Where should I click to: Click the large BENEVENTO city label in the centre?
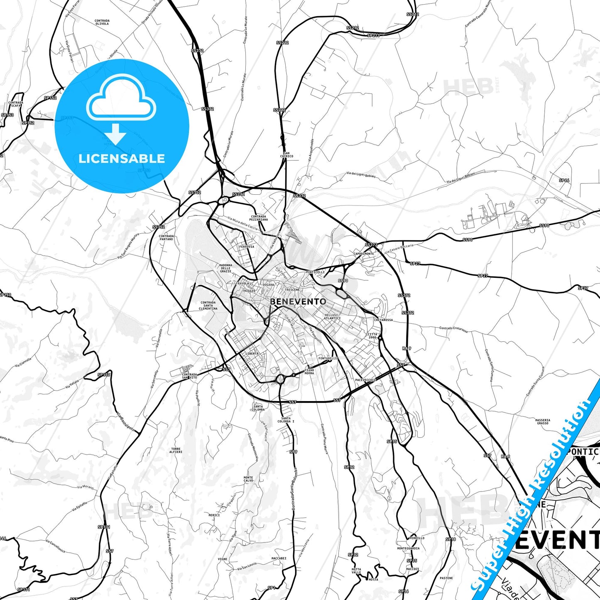click(298, 301)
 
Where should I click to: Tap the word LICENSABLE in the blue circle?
click(122, 159)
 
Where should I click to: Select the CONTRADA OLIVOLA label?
click(102, 22)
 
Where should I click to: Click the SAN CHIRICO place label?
click(287, 155)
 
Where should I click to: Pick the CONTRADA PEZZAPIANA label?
click(258, 218)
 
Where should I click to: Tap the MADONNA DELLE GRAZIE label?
click(226, 268)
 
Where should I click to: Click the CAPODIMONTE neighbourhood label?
click(364, 253)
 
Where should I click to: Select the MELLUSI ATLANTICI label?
click(332, 316)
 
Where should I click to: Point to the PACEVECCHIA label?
click(365, 380)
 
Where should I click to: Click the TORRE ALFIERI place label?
click(176, 451)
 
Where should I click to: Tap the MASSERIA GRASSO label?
click(543, 421)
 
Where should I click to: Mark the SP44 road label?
click(564, 181)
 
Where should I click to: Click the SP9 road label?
click(294, 452)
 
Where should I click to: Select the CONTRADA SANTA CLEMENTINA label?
click(208, 306)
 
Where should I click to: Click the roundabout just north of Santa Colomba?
click(280, 379)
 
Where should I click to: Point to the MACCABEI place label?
click(279, 558)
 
